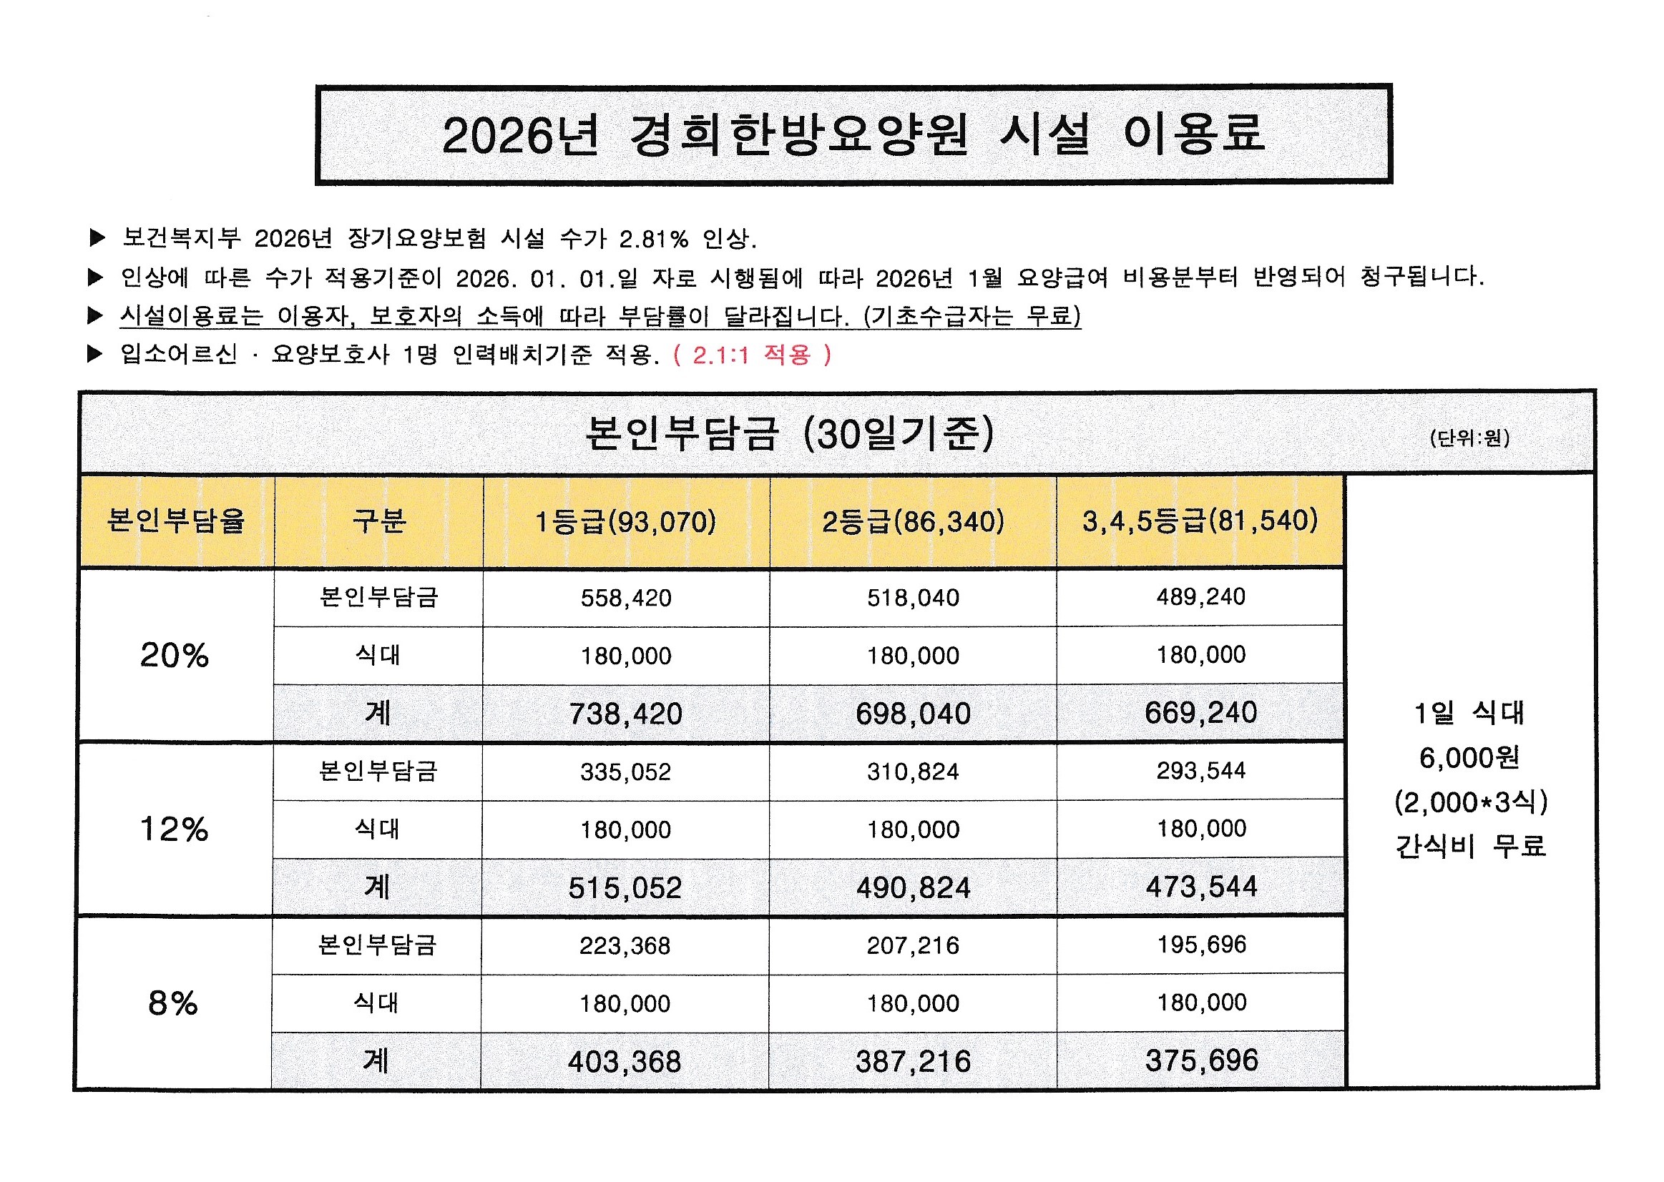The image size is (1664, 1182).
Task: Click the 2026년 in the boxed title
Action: tap(520, 135)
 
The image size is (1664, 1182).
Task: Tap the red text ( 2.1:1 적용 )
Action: tap(753, 355)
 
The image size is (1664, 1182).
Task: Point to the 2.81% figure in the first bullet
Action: tap(653, 239)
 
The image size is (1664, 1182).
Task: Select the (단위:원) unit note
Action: tap(1469, 438)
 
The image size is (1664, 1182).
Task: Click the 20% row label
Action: tap(174, 655)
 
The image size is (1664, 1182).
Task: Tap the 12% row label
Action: tap(174, 829)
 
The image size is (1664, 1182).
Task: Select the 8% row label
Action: tap(172, 1003)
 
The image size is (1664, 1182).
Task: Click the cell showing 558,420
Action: tap(625, 599)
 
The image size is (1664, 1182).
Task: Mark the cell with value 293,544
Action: tap(1201, 770)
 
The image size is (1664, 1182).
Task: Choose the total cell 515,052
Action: tap(625, 887)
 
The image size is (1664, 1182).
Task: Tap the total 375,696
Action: tap(1201, 1060)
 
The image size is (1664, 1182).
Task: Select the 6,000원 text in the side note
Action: tap(1469, 758)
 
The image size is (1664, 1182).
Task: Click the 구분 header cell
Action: tap(378, 521)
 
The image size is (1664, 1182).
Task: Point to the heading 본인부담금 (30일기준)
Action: tap(789, 435)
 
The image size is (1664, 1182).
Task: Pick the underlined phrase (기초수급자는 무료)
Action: tap(972, 316)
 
